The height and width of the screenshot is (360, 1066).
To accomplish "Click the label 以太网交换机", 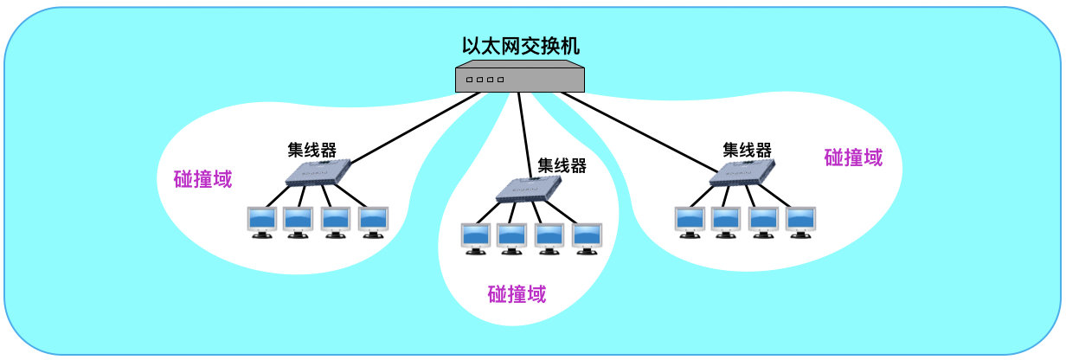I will pyautogui.click(x=520, y=46).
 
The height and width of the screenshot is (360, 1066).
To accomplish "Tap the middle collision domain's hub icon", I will pyautogui.click(x=528, y=189).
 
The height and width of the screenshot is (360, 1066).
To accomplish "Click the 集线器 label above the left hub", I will pyautogui.click(x=312, y=148).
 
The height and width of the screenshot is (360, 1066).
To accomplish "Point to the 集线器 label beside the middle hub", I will pyautogui.click(x=562, y=164).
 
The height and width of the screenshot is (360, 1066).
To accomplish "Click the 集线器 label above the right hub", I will pyautogui.click(x=747, y=148).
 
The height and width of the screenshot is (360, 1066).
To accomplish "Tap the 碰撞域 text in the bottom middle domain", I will pyautogui.click(x=517, y=294).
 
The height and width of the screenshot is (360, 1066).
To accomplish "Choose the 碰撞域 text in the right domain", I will pyautogui.click(x=853, y=157).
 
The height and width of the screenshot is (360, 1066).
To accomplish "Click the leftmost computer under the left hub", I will pyautogui.click(x=262, y=222).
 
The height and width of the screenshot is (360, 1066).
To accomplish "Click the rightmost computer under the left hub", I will pyautogui.click(x=374, y=222).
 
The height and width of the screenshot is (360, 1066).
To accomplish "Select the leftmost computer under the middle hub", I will pyautogui.click(x=475, y=238).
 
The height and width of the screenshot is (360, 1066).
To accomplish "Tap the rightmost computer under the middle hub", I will pyautogui.click(x=587, y=238).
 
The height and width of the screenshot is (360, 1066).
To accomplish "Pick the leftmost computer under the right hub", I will pyautogui.click(x=690, y=222).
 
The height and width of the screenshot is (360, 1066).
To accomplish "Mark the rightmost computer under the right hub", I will pyautogui.click(x=800, y=222).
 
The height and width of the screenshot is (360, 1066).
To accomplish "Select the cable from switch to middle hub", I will pyautogui.click(x=525, y=130).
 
